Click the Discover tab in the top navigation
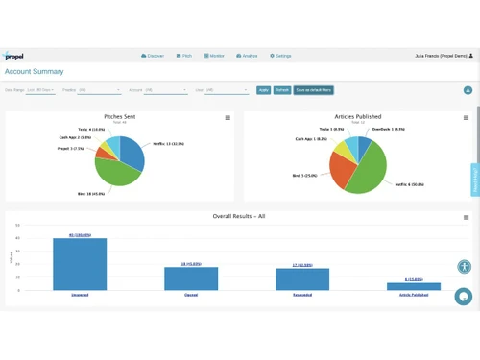click(153, 56)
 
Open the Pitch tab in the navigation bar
click(184, 56)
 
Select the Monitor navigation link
click(214, 56)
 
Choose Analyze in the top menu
click(246, 56)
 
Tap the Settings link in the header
click(280, 56)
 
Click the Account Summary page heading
click(35, 72)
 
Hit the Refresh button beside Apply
click(281, 90)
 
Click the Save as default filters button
click(313, 90)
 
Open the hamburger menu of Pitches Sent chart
click(228, 118)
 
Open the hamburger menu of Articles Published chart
click(466, 118)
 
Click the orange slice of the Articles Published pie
click(342, 170)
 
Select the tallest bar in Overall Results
click(80, 263)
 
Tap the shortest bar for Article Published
click(414, 286)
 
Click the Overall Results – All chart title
click(238, 217)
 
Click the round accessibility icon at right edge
click(464, 268)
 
